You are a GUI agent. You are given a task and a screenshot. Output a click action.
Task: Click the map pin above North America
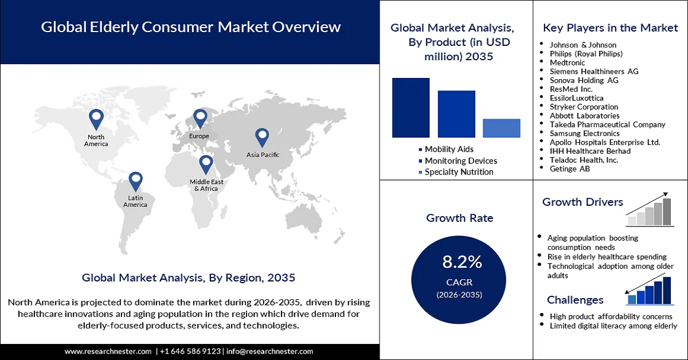[96, 119]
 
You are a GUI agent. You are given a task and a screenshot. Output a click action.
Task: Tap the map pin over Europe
[200, 118]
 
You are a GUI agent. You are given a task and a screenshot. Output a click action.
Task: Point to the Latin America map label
[135, 201]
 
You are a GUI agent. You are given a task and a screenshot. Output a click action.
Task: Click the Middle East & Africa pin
[205, 164]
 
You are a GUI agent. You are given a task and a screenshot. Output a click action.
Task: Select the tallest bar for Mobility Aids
[411, 107]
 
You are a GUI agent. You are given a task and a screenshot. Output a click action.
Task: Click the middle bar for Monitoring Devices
[456, 114]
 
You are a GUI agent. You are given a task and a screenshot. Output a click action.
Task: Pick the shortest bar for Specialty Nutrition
[502, 128]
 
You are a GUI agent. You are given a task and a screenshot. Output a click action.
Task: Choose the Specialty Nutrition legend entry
[459, 172]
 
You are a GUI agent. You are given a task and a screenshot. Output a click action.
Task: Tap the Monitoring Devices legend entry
[460, 161]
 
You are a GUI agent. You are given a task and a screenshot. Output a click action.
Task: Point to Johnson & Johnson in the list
[583, 45]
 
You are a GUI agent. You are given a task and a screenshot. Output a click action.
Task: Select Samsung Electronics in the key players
[584, 133]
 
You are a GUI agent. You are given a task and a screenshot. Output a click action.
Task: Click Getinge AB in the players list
[570, 169]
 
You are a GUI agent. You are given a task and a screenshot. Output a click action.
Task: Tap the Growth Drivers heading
[583, 202]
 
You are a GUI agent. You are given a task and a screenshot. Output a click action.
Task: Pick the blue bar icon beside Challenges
[650, 291]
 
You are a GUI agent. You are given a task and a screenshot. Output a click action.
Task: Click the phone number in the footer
[190, 351]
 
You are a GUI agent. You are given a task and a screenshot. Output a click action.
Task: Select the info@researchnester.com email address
[270, 351]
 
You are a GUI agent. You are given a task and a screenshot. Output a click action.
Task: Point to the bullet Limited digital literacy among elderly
[613, 326]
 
